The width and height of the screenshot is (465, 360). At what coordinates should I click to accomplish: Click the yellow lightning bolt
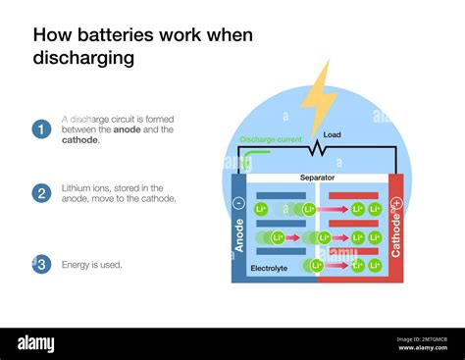[319, 98]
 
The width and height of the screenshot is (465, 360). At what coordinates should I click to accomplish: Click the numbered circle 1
[41, 129]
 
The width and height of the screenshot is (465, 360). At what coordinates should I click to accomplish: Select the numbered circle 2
[41, 192]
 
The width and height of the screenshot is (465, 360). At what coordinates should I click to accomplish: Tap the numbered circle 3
[41, 264]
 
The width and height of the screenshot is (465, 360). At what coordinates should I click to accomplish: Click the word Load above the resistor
[332, 134]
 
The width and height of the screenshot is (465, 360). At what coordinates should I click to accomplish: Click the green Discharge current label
[270, 139]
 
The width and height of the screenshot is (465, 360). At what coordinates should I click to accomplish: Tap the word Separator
[316, 178]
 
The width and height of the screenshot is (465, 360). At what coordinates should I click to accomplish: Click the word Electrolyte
[269, 267]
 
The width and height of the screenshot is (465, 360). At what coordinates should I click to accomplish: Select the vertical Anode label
[239, 235]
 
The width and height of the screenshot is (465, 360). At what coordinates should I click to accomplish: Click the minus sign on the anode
[239, 203]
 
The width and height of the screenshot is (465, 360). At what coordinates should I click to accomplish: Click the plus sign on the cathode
[396, 203]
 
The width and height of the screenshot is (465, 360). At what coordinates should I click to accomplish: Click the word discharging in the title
[83, 58]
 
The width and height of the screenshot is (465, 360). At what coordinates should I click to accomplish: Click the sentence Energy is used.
[92, 264]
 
